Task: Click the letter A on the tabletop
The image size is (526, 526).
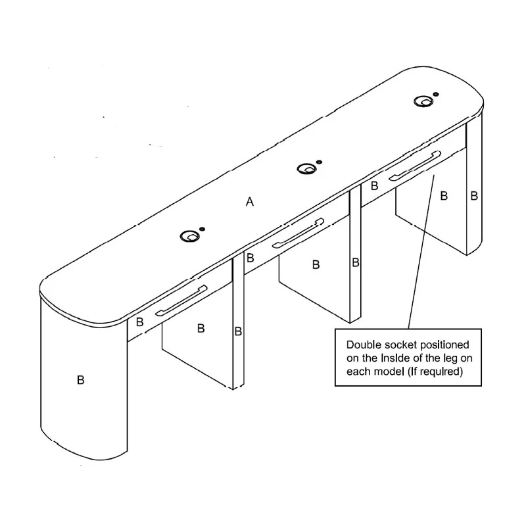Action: (x=250, y=202)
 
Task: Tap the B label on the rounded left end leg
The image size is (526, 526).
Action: (x=80, y=380)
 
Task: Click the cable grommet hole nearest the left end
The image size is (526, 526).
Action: (x=189, y=236)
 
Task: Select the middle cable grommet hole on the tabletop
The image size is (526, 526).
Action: (x=306, y=168)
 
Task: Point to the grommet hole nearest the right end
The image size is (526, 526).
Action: (x=423, y=101)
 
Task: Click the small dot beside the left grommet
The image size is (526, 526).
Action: (x=202, y=229)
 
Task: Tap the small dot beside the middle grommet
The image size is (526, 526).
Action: (x=319, y=162)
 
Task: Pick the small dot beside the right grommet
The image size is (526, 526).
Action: (x=436, y=94)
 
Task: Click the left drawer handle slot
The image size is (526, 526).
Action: (x=181, y=300)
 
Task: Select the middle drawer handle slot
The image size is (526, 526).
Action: (x=299, y=233)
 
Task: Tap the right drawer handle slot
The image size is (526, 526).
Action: (x=415, y=166)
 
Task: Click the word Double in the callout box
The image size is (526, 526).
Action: (x=365, y=345)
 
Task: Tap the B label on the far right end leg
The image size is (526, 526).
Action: (x=474, y=195)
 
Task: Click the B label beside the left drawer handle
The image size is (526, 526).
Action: (x=140, y=322)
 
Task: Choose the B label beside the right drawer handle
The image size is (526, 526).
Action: (x=374, y=185)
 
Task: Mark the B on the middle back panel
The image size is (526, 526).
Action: (x=316, y=264)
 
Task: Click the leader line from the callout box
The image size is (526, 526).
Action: (x=421, y=252)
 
